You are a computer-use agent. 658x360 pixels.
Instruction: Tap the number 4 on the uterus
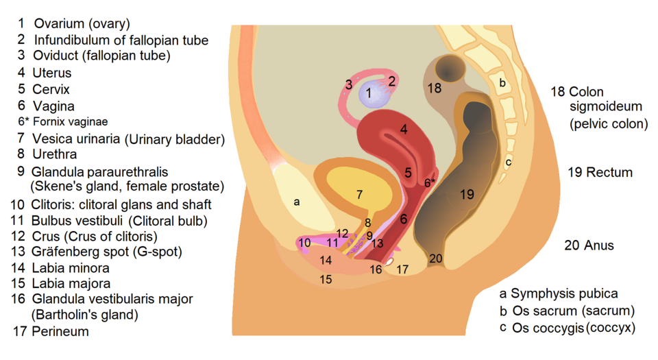click(x=404, y=129)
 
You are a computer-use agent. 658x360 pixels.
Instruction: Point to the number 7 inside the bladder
click(x=359, y=194)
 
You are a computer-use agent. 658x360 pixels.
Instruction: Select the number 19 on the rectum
click(x=467, y=195)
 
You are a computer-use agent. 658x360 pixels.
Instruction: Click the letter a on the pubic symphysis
click(x=297, y=202)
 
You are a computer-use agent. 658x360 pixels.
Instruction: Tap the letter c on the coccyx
click(x=508, y=163)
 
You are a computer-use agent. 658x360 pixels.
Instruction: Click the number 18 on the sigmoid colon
click(x=435, y=88)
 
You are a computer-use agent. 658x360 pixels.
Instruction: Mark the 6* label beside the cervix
click(x=429, y=182)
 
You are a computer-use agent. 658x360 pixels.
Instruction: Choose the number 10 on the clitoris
click(x=305, y=243)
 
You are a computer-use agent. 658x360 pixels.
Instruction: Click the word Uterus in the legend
click(x=52, y=73)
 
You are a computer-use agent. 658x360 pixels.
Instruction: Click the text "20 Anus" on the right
click(x=589, y=245)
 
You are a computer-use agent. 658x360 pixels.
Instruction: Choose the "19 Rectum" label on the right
click(x=600, y=172)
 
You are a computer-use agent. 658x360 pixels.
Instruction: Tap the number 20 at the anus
click(x=436, y=259)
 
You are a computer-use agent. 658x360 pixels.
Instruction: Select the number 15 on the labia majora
click(x=326, y=280)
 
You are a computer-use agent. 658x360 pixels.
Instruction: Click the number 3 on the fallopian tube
click(x=349, y=85)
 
